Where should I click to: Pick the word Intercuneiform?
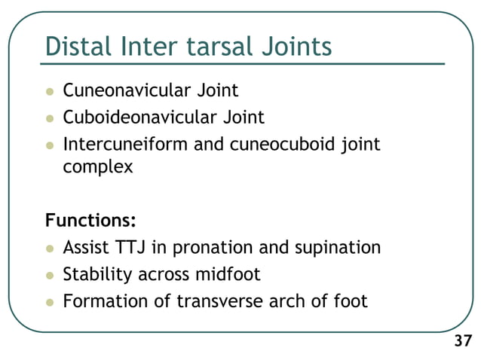point(125,144)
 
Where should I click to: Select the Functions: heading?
point(90,221)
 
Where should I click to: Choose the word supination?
point(337,247)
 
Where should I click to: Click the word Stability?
point(97,274)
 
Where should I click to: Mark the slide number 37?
point(461,342)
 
